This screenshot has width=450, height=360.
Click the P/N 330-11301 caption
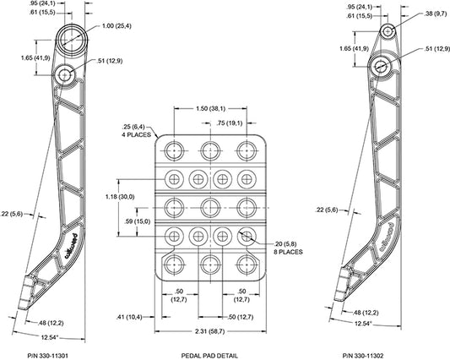tap(47, 356)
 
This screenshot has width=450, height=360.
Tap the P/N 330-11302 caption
tap(363, 356)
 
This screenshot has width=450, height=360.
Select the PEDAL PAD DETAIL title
tap(209, 356)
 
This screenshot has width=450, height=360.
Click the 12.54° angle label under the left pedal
tap(50, 337)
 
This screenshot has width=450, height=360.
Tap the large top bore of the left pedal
tap(72, 40)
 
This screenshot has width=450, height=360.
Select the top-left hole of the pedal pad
tap(174, 150)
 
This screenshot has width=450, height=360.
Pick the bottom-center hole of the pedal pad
tap(210, 265)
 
